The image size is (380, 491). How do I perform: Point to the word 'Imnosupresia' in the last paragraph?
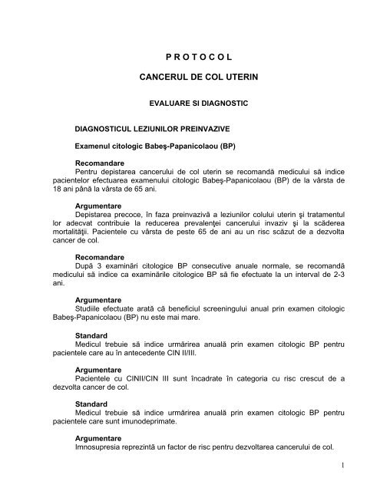(100, 443)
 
